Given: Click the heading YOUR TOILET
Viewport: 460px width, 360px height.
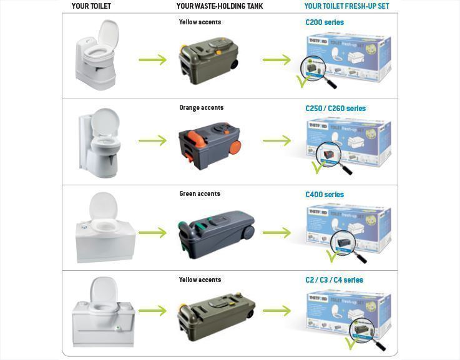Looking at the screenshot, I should tap(91, 6).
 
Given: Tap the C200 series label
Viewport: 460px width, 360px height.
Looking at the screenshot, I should tap(324, 22).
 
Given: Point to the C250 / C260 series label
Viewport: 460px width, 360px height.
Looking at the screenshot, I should tap(335, 109).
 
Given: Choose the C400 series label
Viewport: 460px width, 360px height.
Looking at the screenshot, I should tap(324, 195).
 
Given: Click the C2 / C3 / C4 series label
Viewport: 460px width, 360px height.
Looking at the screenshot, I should tap(334, 280).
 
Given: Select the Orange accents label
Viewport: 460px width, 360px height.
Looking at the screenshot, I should tap(201, 108).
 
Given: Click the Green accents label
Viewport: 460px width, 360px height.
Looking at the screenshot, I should tap(200, 194).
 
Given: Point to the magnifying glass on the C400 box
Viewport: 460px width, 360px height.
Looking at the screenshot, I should tap(346, 243).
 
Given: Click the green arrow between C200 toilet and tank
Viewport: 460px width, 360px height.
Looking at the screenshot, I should tap(152, 60).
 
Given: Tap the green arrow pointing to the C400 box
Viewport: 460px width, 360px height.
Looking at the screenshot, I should tap(276, 233).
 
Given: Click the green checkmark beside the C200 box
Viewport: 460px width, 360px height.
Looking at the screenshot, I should tap(301, 80).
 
